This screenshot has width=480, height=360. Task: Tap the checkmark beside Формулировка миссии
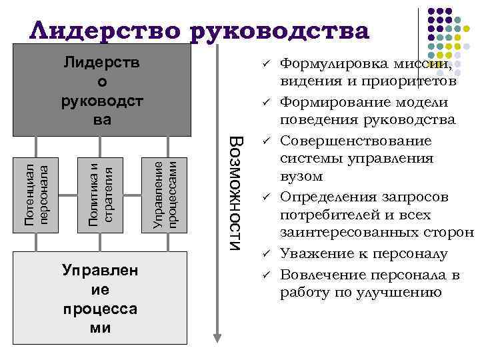pyautogui.click(x=265, y=64)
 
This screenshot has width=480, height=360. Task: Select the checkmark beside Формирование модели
pyautogui.click(x=265, y=103)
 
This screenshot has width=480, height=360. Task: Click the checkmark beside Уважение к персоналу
pyautogui.click(x=265, y=254)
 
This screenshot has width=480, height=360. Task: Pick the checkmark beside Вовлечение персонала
pyautogui.click(x=265, y=273)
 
